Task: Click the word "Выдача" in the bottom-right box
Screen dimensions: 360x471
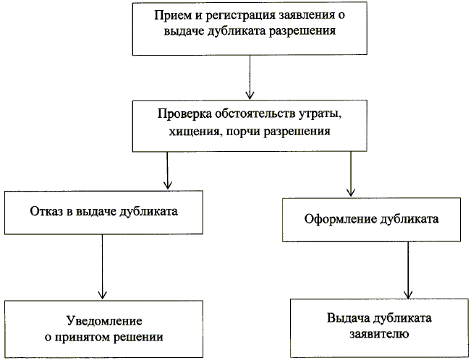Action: pos(352,319)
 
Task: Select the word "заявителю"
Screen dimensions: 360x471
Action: pos(380,334)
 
